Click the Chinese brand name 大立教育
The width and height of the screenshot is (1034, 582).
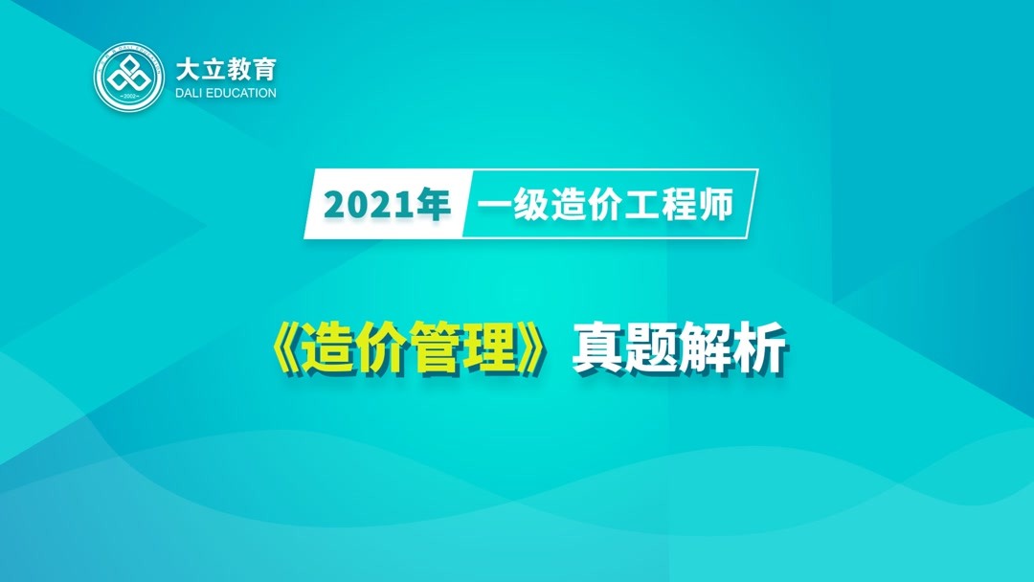225,69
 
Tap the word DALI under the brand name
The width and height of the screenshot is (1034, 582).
191,94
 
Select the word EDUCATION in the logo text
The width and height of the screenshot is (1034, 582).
243,94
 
